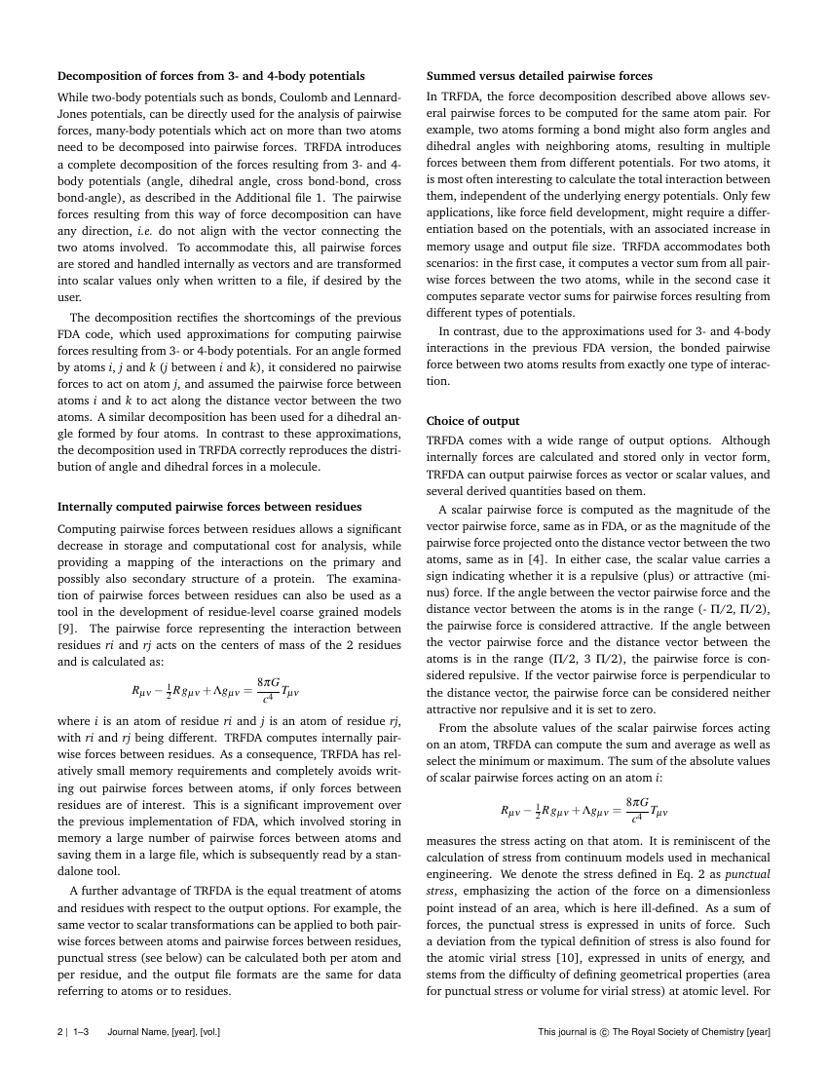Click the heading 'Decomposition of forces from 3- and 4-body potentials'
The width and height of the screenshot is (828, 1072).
click(x=211, y=76)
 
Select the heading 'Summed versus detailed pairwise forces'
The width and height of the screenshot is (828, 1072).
click(x=540, y=76)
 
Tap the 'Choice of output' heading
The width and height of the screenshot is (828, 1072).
click(x=473, y=421)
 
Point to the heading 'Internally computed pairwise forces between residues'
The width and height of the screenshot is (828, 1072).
click(x=209, y=507)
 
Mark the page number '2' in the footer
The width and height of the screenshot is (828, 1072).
click(x=60, y=1032)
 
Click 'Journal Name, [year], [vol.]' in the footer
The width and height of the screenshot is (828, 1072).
click(x=164, y=1032)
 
